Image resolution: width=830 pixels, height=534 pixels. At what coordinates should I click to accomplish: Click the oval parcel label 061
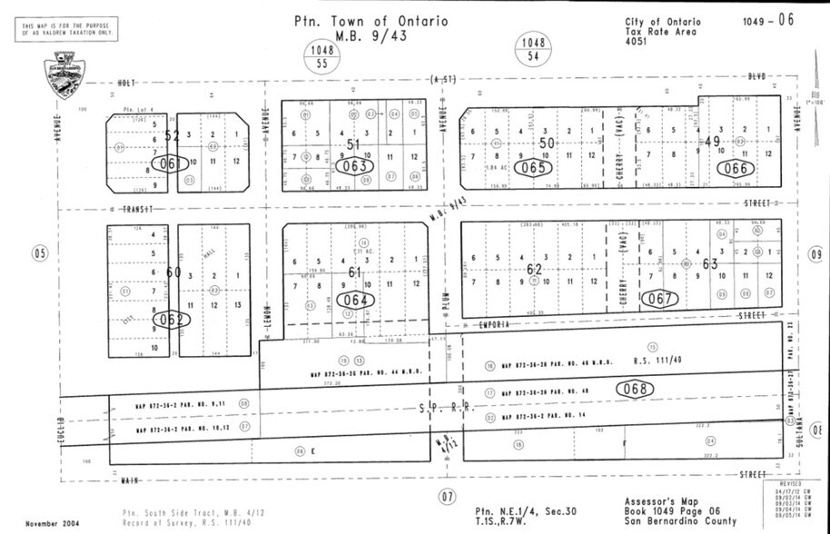coord(168,163)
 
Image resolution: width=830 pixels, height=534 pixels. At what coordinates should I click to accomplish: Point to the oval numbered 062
coord(170,320)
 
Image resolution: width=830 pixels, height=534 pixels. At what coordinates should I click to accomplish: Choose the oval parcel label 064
coord(355,301)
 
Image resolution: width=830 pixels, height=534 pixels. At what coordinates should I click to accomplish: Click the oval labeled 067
coord(660,299)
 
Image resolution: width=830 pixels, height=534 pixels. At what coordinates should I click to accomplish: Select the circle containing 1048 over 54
coord(534,49)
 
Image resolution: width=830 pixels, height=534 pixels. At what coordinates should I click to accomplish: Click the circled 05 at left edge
coord(38,253)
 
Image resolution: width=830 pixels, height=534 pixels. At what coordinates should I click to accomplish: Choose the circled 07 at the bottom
coord(446,497)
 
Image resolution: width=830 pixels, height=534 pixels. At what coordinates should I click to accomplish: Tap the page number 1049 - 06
coord(766,21)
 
